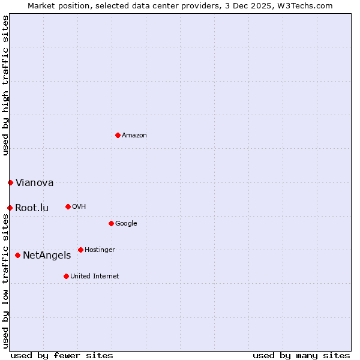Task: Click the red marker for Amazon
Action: pos(118,135)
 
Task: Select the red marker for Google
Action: pos(111,223)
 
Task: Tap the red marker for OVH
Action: pos(68,206)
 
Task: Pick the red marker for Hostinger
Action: pos(80,250)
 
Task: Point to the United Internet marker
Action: pos(66,276)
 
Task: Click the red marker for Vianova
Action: pos(10,182)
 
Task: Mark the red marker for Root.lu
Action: pos(10,208)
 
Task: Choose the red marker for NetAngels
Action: pos(17,255)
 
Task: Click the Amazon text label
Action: pos(134,136)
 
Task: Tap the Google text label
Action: pos(126,224)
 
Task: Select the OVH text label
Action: pos(79,207)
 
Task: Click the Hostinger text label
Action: pos(100,250)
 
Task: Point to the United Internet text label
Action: pos(95,277)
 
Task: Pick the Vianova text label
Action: pos(34,183)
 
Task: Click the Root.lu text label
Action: pos(32,208)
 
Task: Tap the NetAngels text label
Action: pos(47,256)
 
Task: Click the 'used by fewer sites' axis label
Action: pos(62,356)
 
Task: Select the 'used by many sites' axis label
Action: pos(301,356)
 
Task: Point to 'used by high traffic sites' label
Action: pos(5,85)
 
